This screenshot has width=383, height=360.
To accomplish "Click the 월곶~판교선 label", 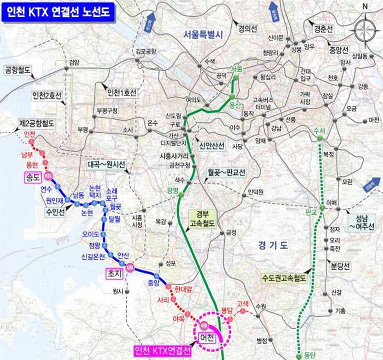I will click(226, 173).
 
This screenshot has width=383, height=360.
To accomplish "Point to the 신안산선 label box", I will click(212, 146).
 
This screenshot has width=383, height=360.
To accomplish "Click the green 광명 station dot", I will click(181, 195).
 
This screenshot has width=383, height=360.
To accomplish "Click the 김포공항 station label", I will click(146, 50).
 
